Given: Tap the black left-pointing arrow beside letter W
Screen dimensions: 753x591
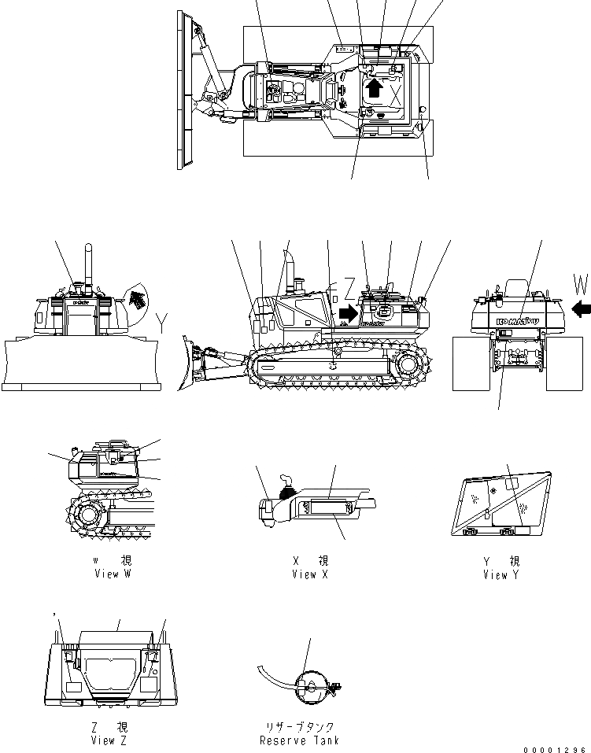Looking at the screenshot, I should point(582,310).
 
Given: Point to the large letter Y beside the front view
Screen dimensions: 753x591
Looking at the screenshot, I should point(162,322).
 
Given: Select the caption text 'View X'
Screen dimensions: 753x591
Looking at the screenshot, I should point(309,574).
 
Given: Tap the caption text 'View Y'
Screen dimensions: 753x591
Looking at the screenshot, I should point(501,575).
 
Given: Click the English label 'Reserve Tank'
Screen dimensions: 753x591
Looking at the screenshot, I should point(300,740).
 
